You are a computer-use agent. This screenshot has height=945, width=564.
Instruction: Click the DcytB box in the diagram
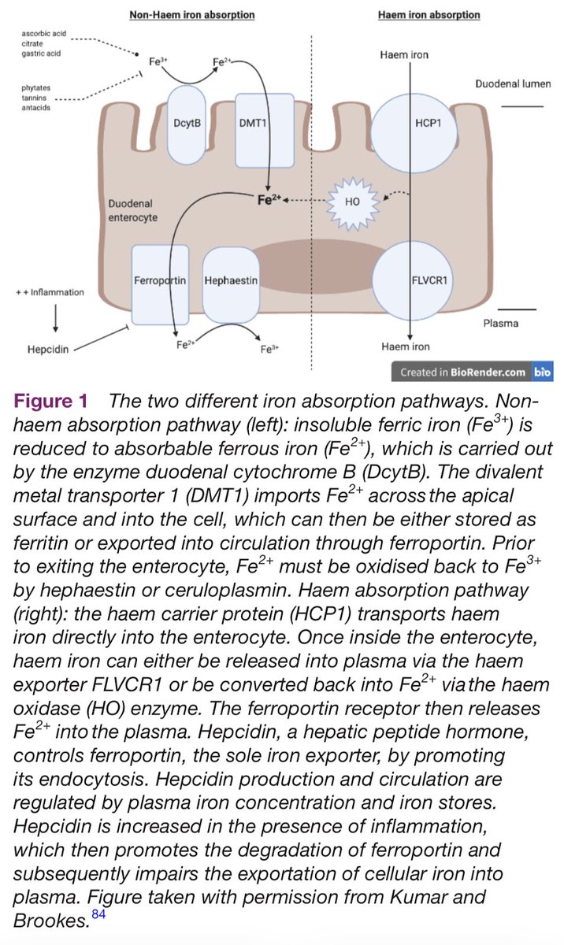click(186, 124)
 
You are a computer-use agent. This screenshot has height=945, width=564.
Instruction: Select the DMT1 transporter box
click(258, 124)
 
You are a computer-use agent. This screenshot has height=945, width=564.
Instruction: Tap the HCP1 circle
click(411, 124)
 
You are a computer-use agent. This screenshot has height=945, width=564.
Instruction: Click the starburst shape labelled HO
click(353, 200)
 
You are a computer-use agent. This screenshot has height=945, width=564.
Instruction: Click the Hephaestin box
click(231, 280)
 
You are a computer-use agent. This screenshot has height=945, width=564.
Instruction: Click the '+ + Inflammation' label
click(50, 292)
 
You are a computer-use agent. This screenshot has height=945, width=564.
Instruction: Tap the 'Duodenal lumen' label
click(508, 83)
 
